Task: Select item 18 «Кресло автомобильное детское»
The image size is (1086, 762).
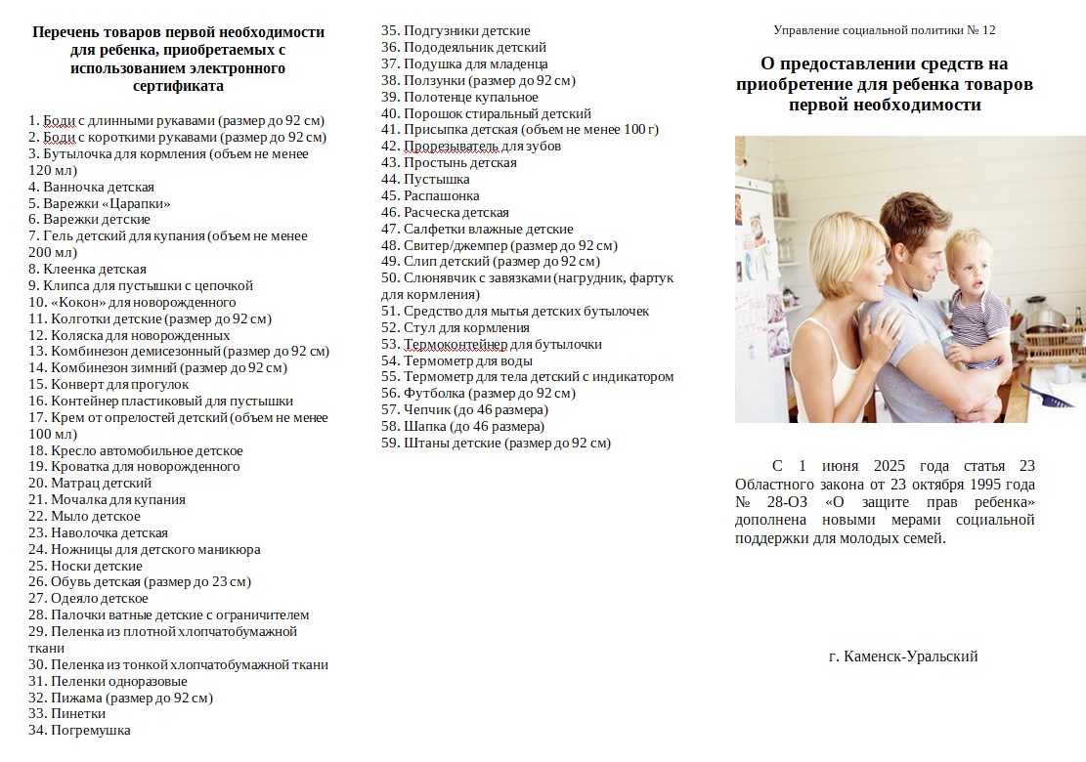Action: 136,450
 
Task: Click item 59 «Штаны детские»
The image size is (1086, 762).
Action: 496,443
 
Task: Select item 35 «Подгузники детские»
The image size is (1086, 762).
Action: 456,30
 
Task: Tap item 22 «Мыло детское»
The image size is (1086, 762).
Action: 85,516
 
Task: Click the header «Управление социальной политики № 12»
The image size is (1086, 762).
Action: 884,30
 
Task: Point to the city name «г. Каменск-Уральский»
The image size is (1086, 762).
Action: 902,656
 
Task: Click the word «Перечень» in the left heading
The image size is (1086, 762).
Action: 71,32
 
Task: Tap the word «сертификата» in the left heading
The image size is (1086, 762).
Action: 178,86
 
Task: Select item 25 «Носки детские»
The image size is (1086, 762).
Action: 85,566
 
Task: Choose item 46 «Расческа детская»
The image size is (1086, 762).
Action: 445,212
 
